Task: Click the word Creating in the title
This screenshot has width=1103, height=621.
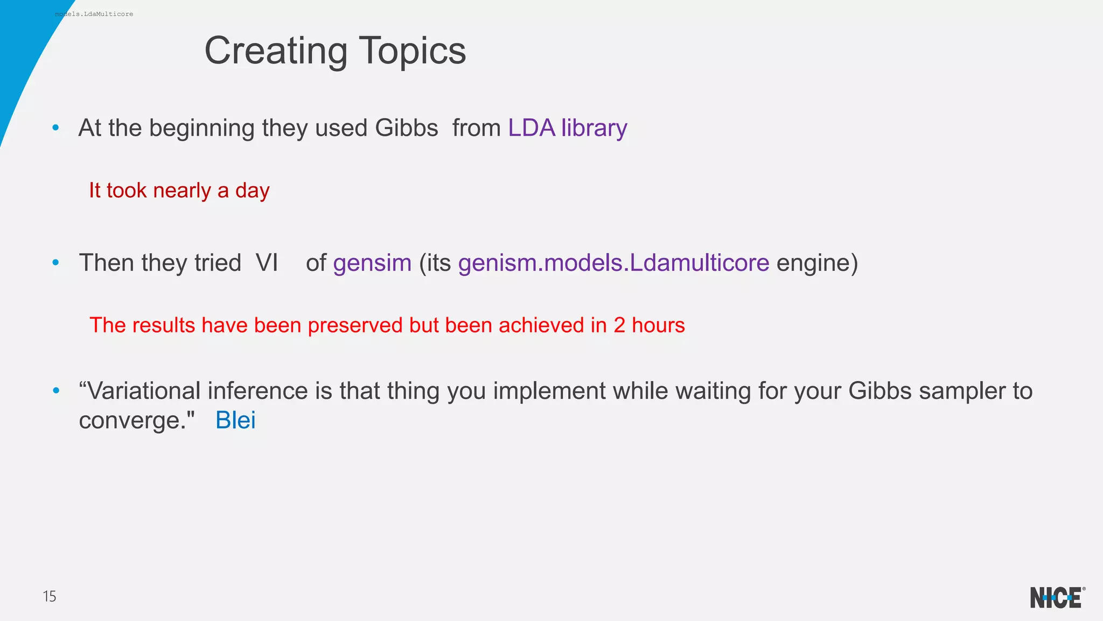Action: coord(276,51)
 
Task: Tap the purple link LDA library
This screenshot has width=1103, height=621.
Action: coord(568,128)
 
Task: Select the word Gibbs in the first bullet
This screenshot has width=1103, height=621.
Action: coord(406,128)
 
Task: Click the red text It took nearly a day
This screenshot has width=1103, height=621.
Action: coord(179,191)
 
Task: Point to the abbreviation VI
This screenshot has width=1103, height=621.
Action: coord(267,263)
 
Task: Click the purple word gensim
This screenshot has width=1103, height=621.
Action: coord(372,263)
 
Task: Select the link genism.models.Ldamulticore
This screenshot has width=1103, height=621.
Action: coord(613,263)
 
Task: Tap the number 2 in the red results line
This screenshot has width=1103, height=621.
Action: coord(619,325)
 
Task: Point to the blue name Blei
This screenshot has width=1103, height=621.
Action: coord(235,420)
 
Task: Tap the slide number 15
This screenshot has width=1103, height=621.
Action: coord(49,596)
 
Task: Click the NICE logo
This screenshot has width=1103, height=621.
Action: coord(1056,597)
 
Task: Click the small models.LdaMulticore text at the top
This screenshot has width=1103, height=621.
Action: coord(94,14)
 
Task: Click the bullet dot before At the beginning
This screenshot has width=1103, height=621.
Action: coord(55,128)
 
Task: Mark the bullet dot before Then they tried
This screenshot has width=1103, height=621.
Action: coord(55,263)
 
